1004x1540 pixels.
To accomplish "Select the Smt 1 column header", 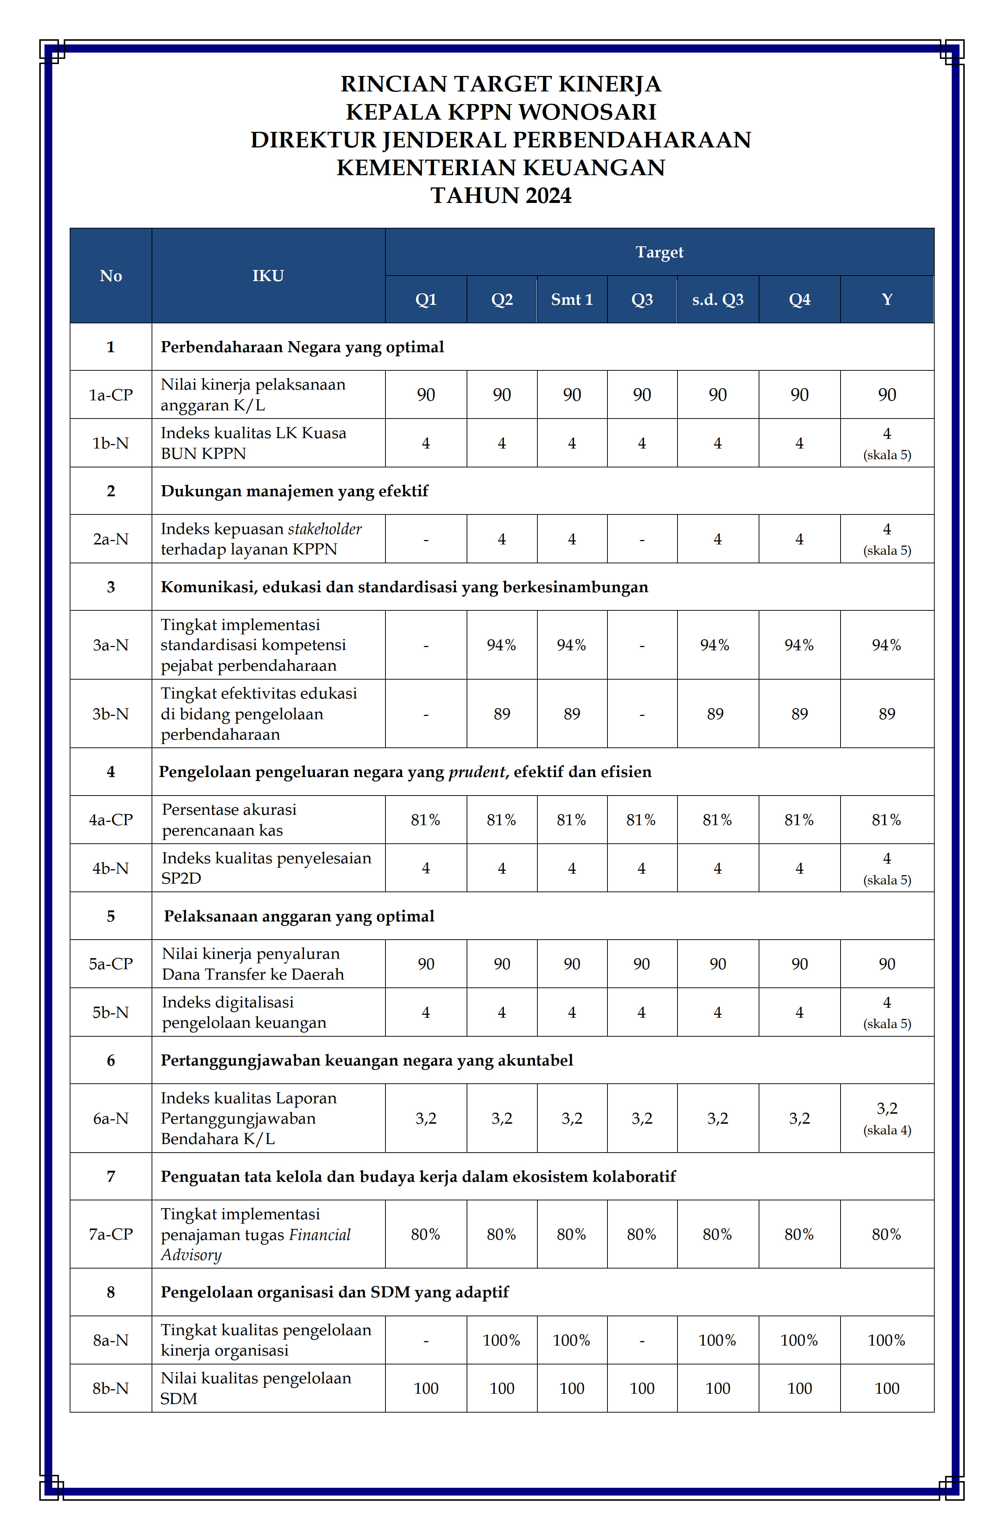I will (571, 300).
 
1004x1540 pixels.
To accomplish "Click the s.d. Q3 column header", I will (717, 300).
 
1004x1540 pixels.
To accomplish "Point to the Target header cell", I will (659, 252).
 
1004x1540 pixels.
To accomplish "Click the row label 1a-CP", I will (111, 395).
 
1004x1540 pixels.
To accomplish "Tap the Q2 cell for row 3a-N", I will (502, 645).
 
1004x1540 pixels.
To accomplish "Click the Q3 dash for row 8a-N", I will (642, 1341).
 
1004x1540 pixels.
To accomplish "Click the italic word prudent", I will (477, 772).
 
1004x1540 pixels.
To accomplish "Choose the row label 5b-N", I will (111, 1013).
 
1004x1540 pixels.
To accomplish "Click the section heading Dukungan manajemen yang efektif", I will (295, 491).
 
